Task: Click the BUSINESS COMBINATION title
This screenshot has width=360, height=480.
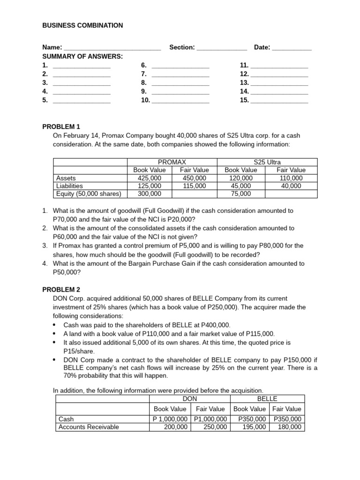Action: click(x=82, y=25)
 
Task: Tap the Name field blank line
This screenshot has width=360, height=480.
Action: click(x=112, y=48)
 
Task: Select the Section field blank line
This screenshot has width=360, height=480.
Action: click(x=222, y=48)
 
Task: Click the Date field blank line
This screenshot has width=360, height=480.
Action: click(x=292, y=48)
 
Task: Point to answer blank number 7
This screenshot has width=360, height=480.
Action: click(x=180, y=75)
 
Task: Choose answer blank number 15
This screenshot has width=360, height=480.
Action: click(x=279, y=101)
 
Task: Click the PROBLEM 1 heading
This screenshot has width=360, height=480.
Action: click(x=61, y=127)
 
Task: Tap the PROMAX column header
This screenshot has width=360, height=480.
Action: click(x=172, y=162)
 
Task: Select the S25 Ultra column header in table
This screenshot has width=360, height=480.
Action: click(x=267, y=162)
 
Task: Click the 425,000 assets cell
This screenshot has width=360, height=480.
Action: click(x=150, y=178)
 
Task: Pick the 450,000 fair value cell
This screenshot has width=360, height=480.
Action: click(x=195, y=178)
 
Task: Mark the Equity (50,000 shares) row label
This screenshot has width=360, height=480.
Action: click(x=89, y=194)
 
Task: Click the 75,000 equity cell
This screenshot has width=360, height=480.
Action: click(x=241, y=194)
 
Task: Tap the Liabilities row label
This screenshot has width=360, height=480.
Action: click(x=69, y=186)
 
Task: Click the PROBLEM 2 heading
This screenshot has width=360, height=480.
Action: click(x=61, y=290)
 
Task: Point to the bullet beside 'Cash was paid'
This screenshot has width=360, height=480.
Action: click(x=55, y=325)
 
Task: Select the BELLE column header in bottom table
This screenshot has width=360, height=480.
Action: click(x=267, y=398)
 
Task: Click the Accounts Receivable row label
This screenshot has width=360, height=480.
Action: click(x=88, y=427)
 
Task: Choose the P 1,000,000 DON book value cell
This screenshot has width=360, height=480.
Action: click(x=171, y=419)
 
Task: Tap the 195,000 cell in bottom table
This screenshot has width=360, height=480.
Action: click(x=252, y=427)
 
